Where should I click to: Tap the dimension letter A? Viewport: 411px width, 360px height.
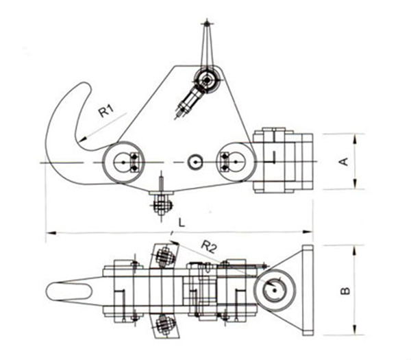[x=345, y=162]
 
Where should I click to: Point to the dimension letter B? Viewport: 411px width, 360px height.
[x=345, y=289]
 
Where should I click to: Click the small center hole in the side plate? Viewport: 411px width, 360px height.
[x=195, y=162]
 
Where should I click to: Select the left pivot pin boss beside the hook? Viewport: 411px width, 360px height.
[x=122, y=163]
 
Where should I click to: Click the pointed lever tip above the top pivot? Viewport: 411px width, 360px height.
[x=206, y=24]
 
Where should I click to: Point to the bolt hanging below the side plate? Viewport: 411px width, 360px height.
[x=161, y=203]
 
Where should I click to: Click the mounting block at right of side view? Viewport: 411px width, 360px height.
[x=282, y=161]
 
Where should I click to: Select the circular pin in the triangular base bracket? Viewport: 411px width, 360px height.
[x=273, y=290]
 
